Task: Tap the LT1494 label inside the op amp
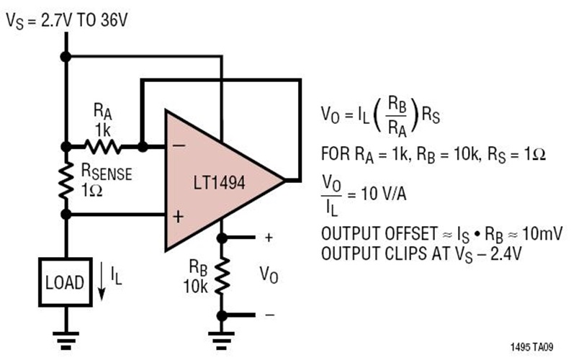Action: pyautogui.click(x=215, y=182)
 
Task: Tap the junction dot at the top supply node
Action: pyautogui.click(x=66, y=55)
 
